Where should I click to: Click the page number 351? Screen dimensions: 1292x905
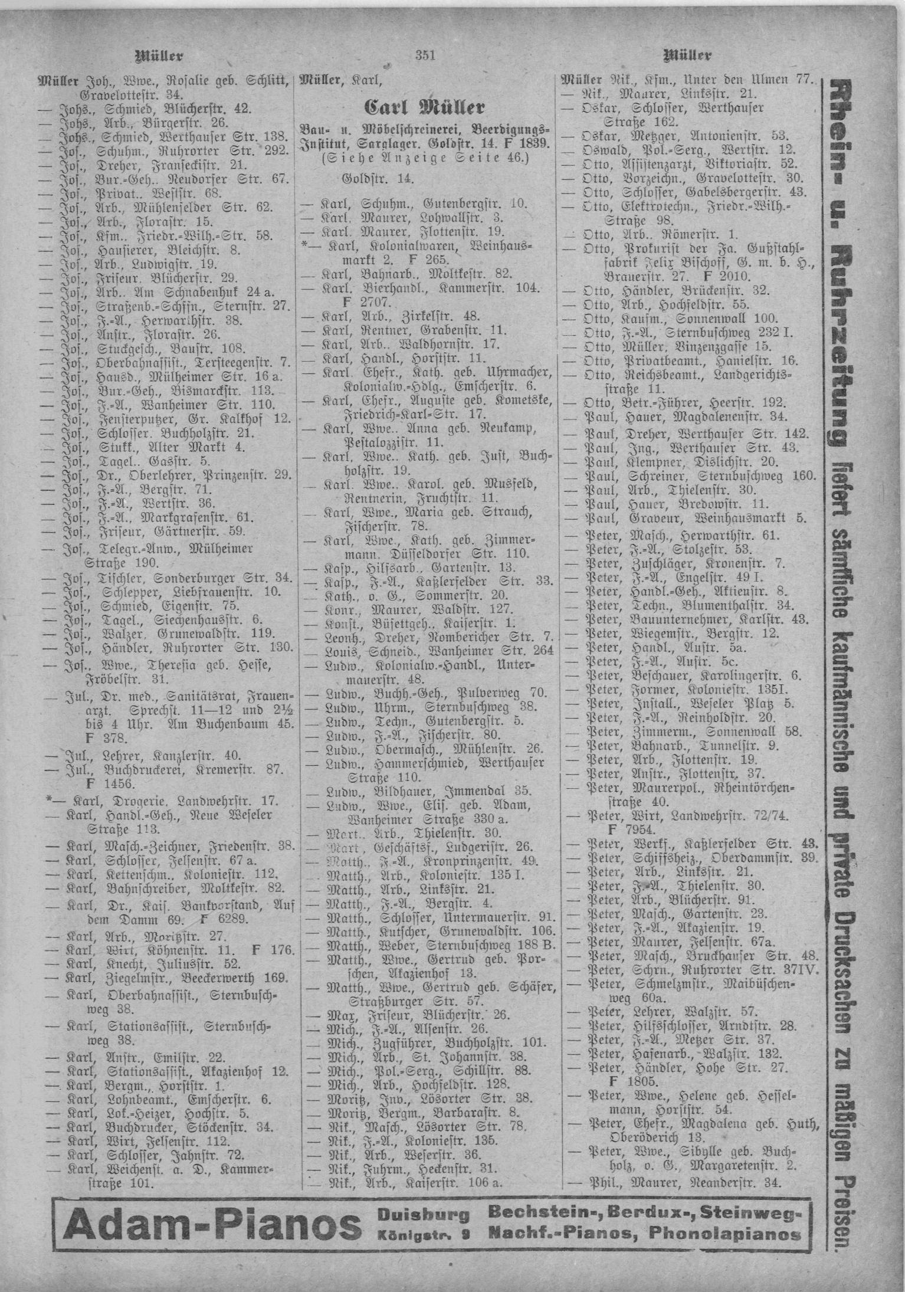pos(425,57)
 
